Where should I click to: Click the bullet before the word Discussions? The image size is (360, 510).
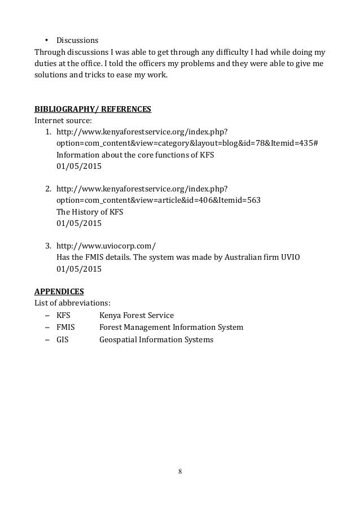click(47, 41)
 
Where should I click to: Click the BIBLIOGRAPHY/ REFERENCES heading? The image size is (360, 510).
click(93, 108)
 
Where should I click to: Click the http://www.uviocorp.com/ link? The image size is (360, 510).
click(106, 246)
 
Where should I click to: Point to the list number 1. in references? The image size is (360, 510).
click(49, 131)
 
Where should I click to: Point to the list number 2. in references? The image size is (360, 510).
click(49, 189)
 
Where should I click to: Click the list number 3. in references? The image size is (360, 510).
click(49, 246)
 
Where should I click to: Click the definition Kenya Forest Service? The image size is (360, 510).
click(137, 315)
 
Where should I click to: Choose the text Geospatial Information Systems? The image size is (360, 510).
click(156, 339)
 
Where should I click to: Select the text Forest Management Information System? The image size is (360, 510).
click(171, 327)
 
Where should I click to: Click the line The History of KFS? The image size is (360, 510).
click(90, 212)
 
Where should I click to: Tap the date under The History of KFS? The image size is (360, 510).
click(79, 223)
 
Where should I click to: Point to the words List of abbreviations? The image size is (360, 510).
click(73, 303)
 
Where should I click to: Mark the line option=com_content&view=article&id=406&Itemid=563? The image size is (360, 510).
click(158, 200)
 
